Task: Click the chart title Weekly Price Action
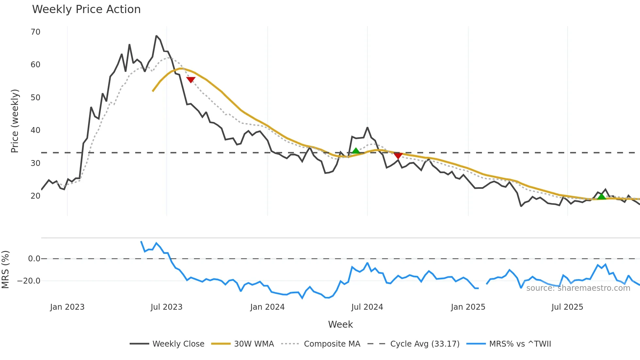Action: pos(86,9)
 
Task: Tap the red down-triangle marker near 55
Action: pos(191,80)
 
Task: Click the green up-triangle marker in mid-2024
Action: pos(356,151)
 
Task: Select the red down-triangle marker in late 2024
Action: pos(398,155)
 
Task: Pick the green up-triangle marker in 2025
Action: pos(601,196)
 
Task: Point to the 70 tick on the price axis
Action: pos(35,32)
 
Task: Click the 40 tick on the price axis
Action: pos(35,130)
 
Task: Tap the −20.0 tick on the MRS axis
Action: pos(29,281)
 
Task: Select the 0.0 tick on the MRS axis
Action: pos(34,259)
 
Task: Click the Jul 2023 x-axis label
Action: pos(167,307)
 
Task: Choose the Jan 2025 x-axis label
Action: pos(468,307)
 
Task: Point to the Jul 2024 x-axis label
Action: pos(367,307)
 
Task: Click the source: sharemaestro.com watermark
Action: pos(578,288)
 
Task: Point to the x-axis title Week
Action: pos(340,324)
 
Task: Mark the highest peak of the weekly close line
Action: pos(156,36)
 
